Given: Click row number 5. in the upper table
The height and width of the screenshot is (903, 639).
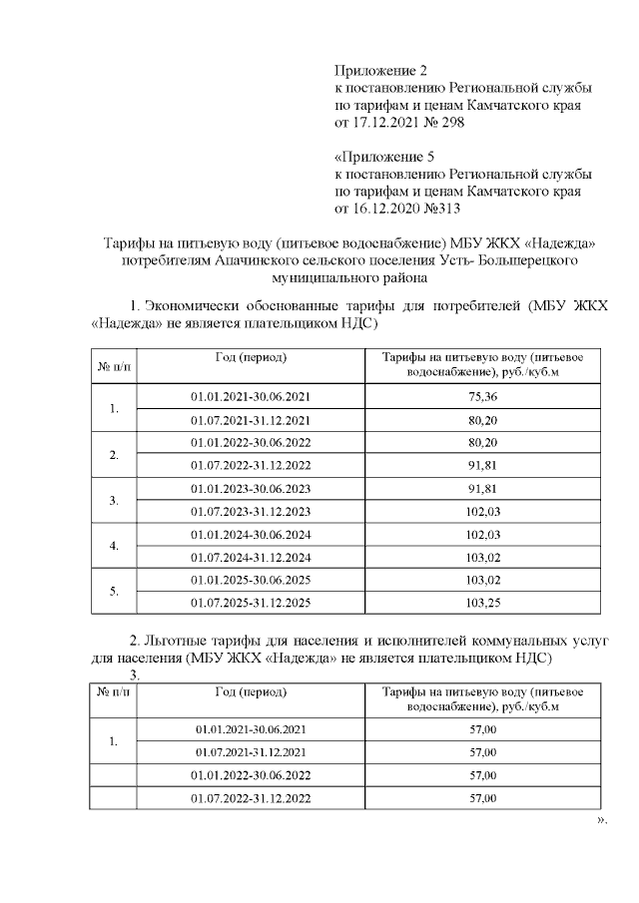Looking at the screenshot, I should (114, 592).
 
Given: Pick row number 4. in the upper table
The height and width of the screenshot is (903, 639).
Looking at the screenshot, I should (114, 546).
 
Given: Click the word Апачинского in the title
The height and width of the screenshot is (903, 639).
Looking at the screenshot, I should (263, 261).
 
